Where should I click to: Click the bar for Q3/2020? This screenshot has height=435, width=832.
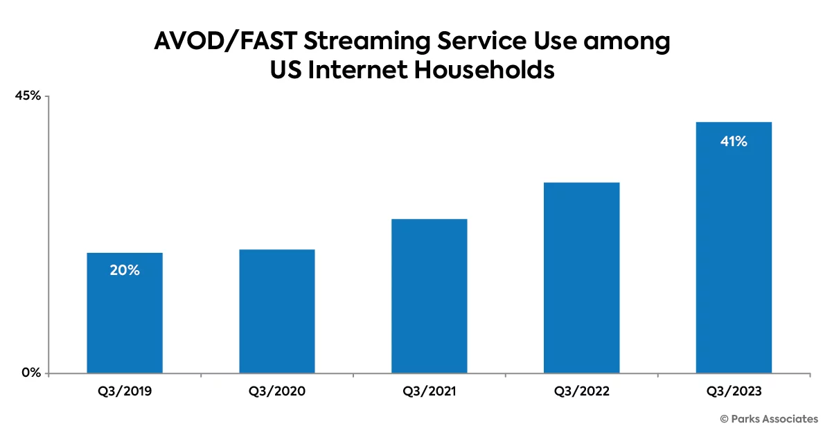point(277,312)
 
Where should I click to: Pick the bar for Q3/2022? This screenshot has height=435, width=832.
point(581,278)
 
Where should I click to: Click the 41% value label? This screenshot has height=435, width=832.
point(734,142)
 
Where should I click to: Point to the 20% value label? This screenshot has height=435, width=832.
point(125,271)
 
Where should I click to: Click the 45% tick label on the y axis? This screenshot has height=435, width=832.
point(28,96)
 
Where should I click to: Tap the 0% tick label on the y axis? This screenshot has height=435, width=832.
point(32,373)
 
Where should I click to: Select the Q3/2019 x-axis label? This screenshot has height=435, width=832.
point(125,391)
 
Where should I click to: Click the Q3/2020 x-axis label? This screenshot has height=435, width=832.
point(277,391)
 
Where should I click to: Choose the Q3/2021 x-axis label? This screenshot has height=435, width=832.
point(430,391)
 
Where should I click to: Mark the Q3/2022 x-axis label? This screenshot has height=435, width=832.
point(581,391)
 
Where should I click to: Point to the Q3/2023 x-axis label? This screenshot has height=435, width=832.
point(734,391)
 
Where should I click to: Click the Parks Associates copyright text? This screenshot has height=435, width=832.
point(769,419)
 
